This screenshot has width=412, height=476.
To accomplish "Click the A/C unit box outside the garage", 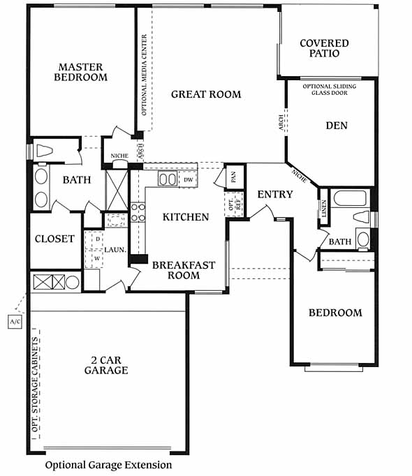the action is [15, 322].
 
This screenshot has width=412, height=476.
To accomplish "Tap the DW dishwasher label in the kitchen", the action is [189, 179].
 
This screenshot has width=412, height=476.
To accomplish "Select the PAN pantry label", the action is [233, 177].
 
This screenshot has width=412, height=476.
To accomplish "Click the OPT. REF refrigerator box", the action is [234, 204].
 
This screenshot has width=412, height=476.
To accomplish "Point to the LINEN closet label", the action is [324, 209].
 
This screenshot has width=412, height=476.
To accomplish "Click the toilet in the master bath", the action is [45, 151].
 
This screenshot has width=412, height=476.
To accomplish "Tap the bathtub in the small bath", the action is [350, 198].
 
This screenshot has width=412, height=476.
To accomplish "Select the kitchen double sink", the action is [168, 179].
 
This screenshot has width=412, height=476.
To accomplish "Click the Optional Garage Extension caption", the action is [108, 465].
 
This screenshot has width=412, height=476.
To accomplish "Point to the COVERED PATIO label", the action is [324, 48].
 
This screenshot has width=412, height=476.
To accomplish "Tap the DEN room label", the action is [337, 126].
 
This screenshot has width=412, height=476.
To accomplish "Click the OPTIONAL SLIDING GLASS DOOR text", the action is [330, 89].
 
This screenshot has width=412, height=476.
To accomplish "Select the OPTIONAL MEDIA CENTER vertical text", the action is [145, 75].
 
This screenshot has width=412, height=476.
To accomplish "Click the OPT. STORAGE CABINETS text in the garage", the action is [36, 385].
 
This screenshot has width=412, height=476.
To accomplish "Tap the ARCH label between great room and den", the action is [281, 122].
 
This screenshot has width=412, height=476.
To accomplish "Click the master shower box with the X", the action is [117, 191].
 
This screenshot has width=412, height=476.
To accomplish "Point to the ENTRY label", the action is [275, 195].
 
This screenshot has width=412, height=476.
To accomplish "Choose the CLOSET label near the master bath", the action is [54, 239].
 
